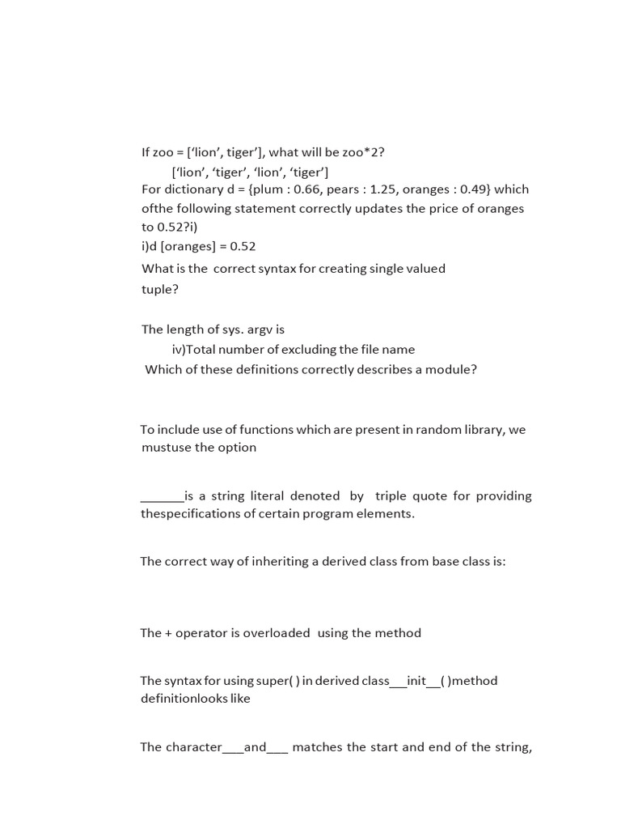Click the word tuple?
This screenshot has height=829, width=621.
pyautogui.click(x=159, y=290)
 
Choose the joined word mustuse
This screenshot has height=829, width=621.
pyautogui.click(x=165, y=448)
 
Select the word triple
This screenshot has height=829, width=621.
pyautogui.click(x=392, y=496)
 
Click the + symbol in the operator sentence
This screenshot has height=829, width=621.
pyautogui.click(x=168, y=633)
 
